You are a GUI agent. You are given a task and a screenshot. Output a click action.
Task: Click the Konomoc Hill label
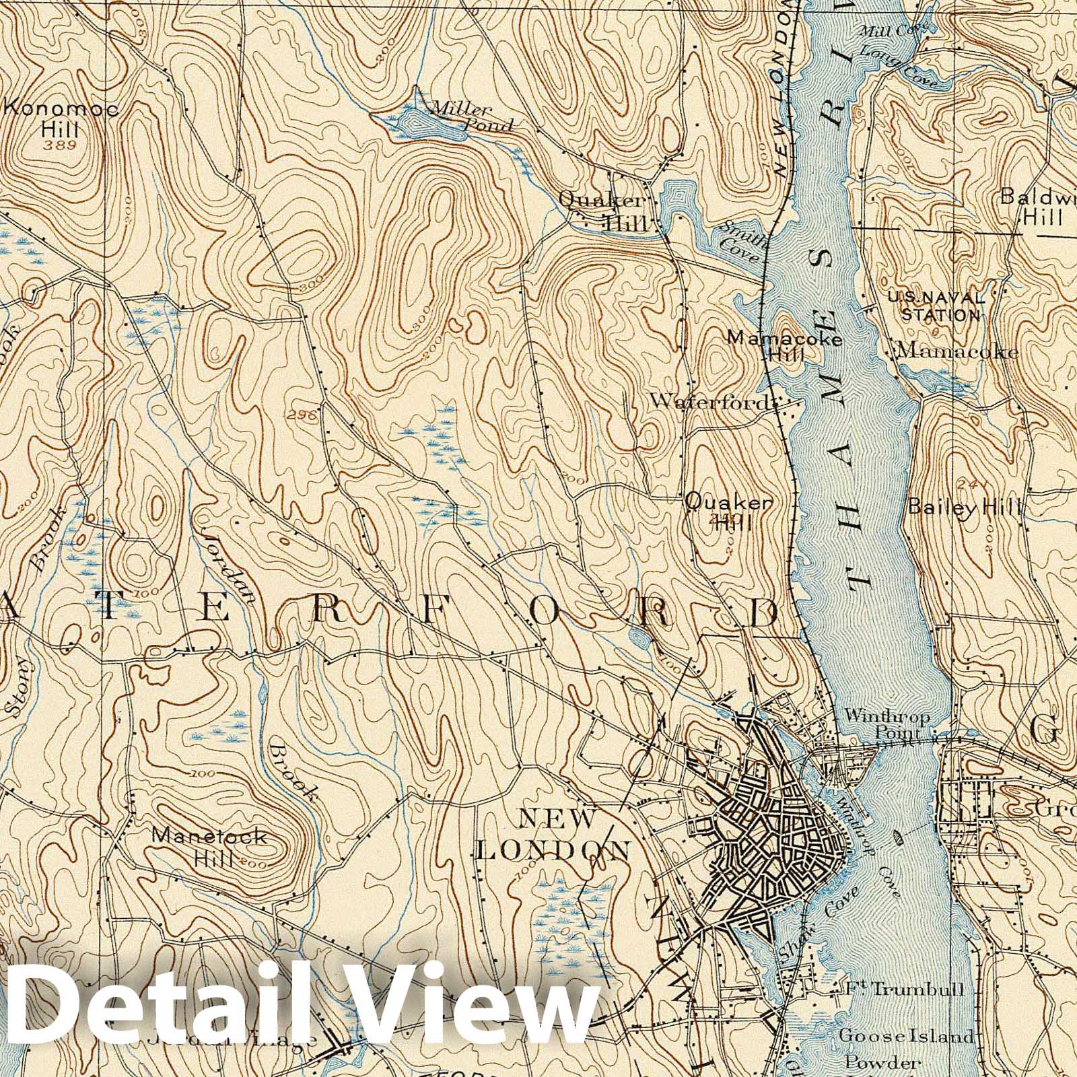point(61,118)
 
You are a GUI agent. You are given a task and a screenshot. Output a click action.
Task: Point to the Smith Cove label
point(740,238)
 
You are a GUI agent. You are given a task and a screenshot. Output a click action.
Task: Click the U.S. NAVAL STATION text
point(936,306)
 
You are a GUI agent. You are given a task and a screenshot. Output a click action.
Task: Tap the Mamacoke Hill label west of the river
point(785,345)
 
